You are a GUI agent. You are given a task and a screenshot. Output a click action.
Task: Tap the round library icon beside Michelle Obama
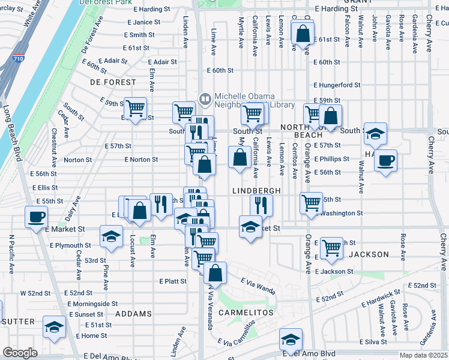(205, 98)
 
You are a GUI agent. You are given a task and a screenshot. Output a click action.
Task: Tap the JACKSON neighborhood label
(369, 254)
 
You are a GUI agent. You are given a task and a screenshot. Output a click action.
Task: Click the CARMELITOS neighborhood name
(246, 313)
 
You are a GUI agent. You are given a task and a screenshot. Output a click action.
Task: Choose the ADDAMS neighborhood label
(134, 314)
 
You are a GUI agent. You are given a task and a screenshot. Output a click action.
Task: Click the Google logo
(20, 353)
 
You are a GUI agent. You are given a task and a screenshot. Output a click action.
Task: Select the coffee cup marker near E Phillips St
(385, 160)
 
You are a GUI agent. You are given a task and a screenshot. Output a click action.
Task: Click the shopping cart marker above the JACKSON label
(331, 247)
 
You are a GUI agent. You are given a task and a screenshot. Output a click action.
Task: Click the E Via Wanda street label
(258, 286)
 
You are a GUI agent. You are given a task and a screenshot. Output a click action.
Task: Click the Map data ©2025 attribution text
(423, 355)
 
